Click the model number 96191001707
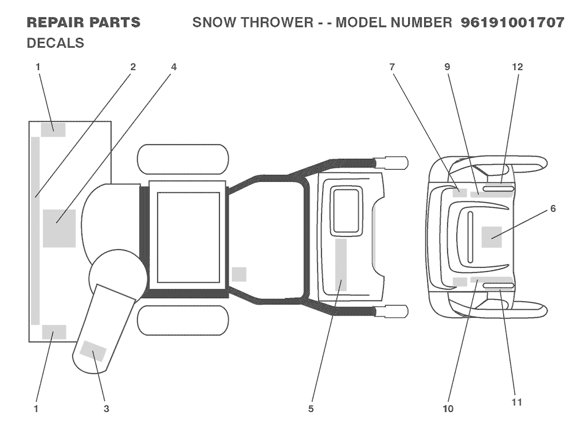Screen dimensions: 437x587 [x=512, y=23]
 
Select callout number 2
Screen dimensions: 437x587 [x=133, y=67]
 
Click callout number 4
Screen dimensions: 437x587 [x=174, y=67]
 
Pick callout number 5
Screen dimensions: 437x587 [x=311, y=408]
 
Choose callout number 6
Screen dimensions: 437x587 [x=553, y=209]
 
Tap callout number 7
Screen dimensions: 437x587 [x=392, y=67]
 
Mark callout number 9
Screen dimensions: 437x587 [x=447, y=67]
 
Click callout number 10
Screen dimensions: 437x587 [x=448, y=408]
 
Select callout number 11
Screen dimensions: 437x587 [x=516, y=402]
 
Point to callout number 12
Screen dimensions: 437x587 [x=517, y=67]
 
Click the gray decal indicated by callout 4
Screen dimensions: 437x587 [x=59, y=228]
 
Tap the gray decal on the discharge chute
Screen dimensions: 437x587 [x=93, y=351]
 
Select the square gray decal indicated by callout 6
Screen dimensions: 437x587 [x=492, y=237]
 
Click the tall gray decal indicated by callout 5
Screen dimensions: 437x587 [x=341, y=265]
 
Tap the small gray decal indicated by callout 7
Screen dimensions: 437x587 [x=460, y=192]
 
